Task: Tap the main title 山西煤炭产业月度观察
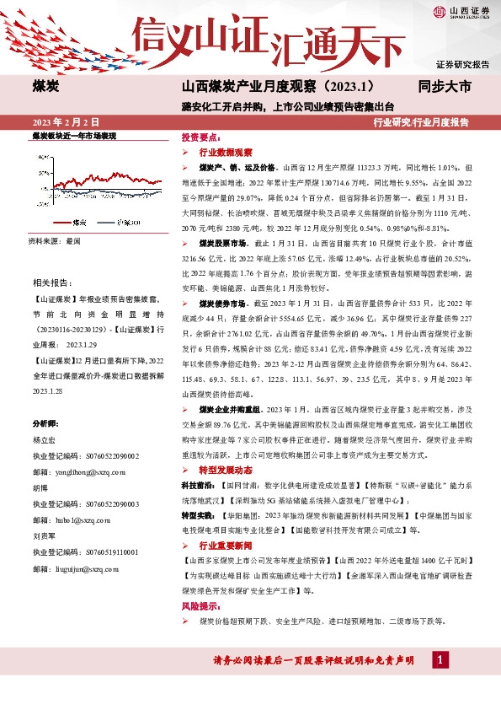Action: coord(278,86)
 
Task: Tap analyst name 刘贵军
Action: coord(44,535)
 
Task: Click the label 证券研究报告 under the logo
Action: coord(462,64)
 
